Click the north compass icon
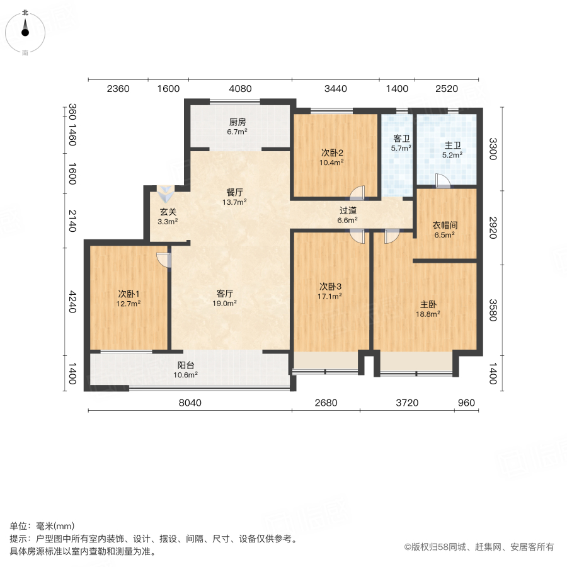[25, 28]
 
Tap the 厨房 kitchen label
[237, 122]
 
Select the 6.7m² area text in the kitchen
[237, 132]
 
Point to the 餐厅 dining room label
[236, 192]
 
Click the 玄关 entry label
[168, 212]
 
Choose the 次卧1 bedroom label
[129, 294]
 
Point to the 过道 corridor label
[348, 210]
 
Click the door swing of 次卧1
[164, 259]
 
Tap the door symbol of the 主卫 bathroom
[442, 181]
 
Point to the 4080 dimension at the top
[239, 89]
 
